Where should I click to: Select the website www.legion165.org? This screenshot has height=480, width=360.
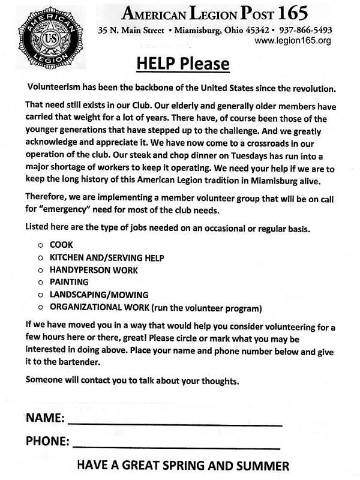pyautogui.click(x=292, y=41)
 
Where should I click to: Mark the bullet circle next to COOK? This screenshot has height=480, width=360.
pyautogui.click(x=40, y=245)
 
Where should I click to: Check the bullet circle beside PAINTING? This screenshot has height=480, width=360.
pyautogui.click(x=40, y=282)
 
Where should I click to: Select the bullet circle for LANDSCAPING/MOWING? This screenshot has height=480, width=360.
pyautogui.click(x=40, y=295)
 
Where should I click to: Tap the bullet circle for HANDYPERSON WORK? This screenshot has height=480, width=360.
pyautogui.click(x=40, y=270)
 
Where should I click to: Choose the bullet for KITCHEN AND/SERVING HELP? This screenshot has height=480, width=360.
pyautogui.click(x=40, y=258)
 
